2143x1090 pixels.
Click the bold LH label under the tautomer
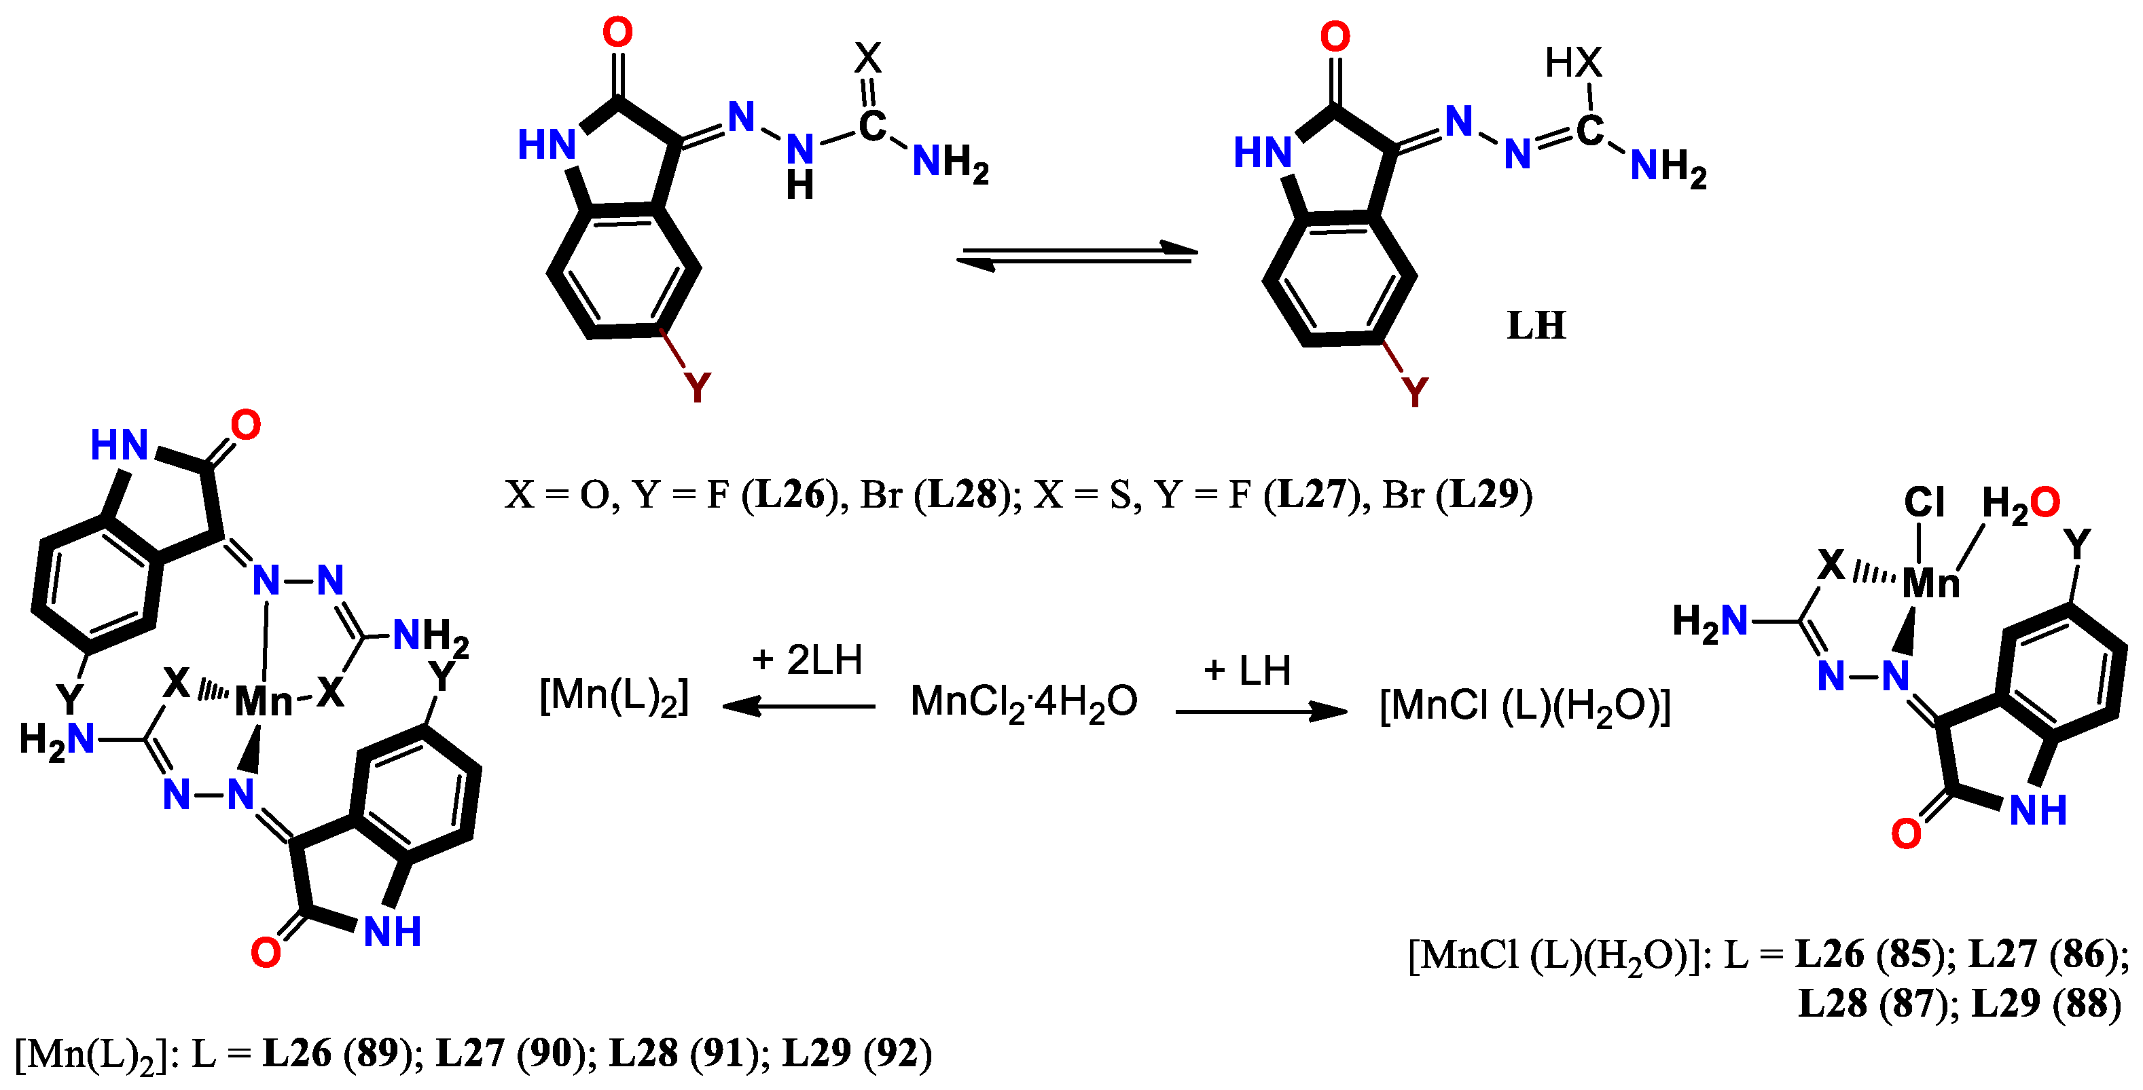1536,325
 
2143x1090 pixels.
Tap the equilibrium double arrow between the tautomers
1077,255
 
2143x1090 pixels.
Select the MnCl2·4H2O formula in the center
1023,702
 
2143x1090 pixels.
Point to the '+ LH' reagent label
1247,670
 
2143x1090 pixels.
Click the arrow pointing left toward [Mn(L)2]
799,707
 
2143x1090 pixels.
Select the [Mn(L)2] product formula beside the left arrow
614,697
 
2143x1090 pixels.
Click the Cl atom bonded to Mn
1924,502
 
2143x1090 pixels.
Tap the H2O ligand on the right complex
2020,503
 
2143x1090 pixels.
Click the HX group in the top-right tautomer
1573,62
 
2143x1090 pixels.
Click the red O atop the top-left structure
617,33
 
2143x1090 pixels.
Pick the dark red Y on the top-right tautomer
1414,391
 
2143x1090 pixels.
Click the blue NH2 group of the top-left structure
950,162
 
